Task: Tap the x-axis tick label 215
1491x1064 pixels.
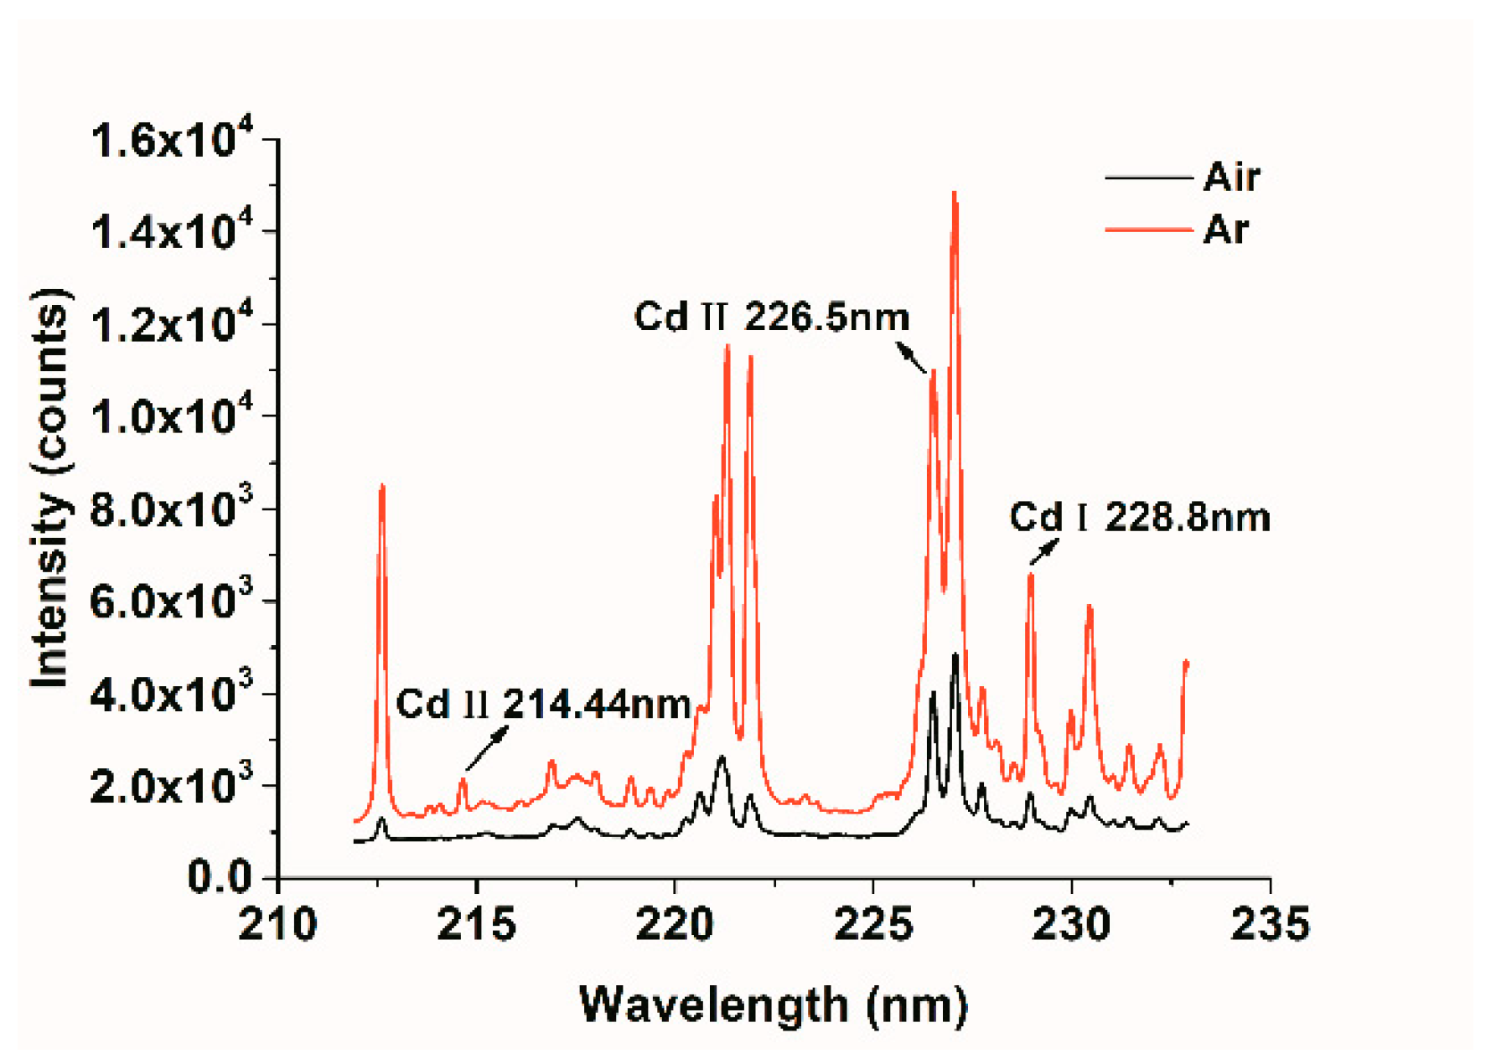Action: (475, 924)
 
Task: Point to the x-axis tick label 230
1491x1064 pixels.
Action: (1071, 924)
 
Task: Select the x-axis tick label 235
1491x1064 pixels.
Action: (1269, 924)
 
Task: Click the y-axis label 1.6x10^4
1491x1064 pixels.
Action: (171, 140)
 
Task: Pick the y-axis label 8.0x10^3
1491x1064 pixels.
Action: (171, 509)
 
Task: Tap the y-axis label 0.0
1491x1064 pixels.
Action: (220, 877)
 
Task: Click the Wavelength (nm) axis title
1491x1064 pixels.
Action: (773, 1005)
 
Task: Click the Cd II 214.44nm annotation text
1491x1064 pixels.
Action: (543, 704)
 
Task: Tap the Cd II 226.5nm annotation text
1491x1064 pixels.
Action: (771, 317)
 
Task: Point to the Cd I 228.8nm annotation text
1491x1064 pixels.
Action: (1139, 517)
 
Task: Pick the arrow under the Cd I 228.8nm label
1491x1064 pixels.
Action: (1044, 551)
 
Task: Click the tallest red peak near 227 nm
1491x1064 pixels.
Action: (954, 194)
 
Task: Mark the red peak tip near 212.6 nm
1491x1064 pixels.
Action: (382, 486)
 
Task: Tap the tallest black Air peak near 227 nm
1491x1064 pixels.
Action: (955, 655)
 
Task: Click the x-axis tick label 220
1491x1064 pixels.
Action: (674, 924)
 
